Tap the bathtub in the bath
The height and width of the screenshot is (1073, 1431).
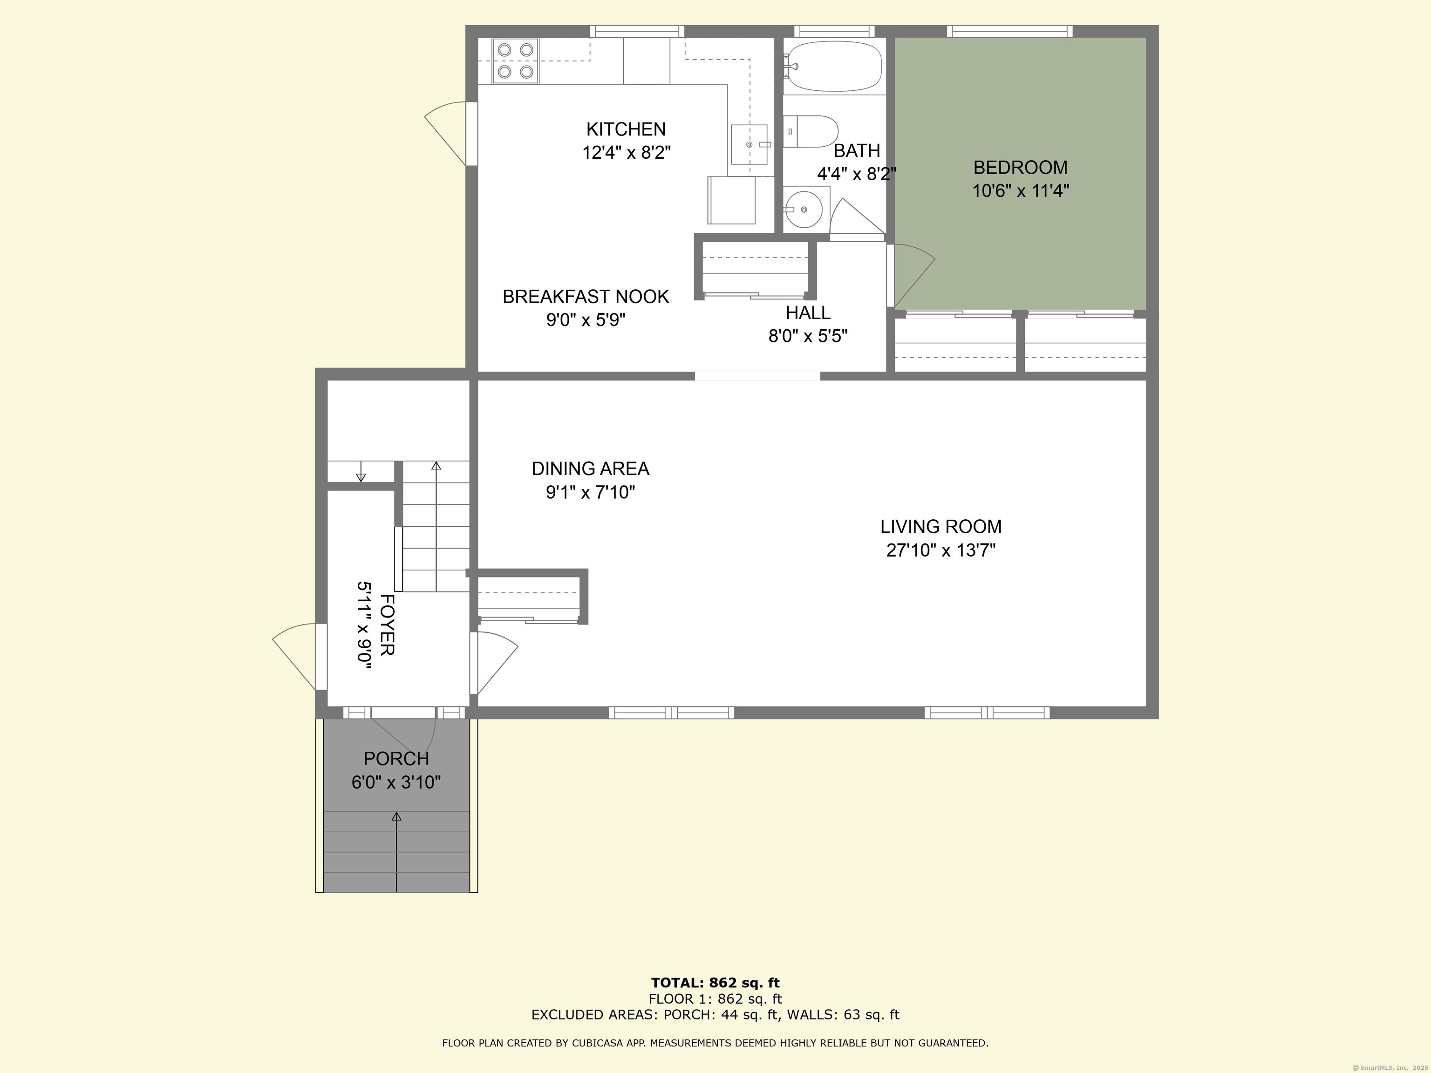833,66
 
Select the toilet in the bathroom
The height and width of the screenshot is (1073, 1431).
811,132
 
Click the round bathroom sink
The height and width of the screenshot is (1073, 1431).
804,210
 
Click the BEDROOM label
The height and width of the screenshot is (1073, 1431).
1020,168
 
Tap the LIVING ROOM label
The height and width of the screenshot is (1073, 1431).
940,526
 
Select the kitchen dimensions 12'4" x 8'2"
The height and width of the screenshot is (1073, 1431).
626,153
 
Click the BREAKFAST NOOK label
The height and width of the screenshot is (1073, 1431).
586,296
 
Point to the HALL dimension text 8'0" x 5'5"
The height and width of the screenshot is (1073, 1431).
808,336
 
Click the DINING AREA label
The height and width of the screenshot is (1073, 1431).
590,468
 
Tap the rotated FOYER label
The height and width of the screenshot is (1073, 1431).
386,625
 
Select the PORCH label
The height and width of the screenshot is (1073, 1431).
396,758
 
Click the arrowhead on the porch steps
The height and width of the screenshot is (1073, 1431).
396,817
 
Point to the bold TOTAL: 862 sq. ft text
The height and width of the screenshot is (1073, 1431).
715,983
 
